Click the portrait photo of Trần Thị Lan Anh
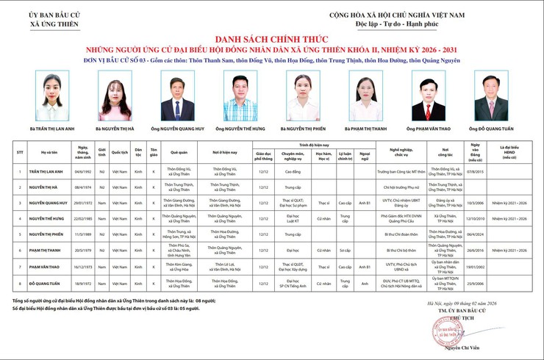tap(53, 97)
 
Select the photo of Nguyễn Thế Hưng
tap(240, 97)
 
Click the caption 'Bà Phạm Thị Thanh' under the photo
tap(366, 128)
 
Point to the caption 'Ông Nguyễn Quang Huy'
tap(178, 128)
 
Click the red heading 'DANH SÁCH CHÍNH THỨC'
tap(272, 37)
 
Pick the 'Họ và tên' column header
tap(50, 152)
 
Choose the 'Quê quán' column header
tap(179, 152)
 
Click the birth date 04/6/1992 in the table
tap(82, 171)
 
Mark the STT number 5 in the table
tap(20, 234)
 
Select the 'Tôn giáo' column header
tap(154, 152)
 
